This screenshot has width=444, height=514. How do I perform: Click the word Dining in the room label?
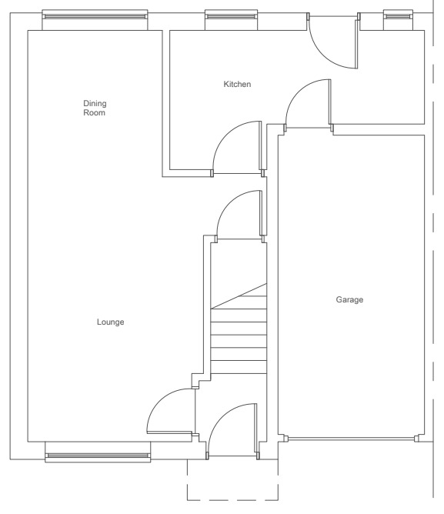click(x=95, y=104)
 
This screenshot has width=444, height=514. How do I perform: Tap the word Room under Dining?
click(x=94, y=113)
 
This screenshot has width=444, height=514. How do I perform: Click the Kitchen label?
click(x=237, y=84)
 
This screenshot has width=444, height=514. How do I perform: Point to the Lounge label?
click(x=111, y=322)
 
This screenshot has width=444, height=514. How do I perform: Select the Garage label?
click(x=349, y=299)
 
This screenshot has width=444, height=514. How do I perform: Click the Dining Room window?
click(x=95, y=16)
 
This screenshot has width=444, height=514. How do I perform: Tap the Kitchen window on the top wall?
click(x=231, y=16)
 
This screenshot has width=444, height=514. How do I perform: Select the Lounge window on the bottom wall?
click(x=98, y=456)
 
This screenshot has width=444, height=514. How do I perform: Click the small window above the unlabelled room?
click(x=398, y=16)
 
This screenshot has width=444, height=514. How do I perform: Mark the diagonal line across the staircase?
click(x=239, y=296)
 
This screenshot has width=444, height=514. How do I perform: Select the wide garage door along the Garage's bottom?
click(x=351, y=439)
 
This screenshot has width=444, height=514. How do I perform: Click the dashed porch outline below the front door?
click(x=232, y=500)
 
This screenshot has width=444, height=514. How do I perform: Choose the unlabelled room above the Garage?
click(x=377, y=78)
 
